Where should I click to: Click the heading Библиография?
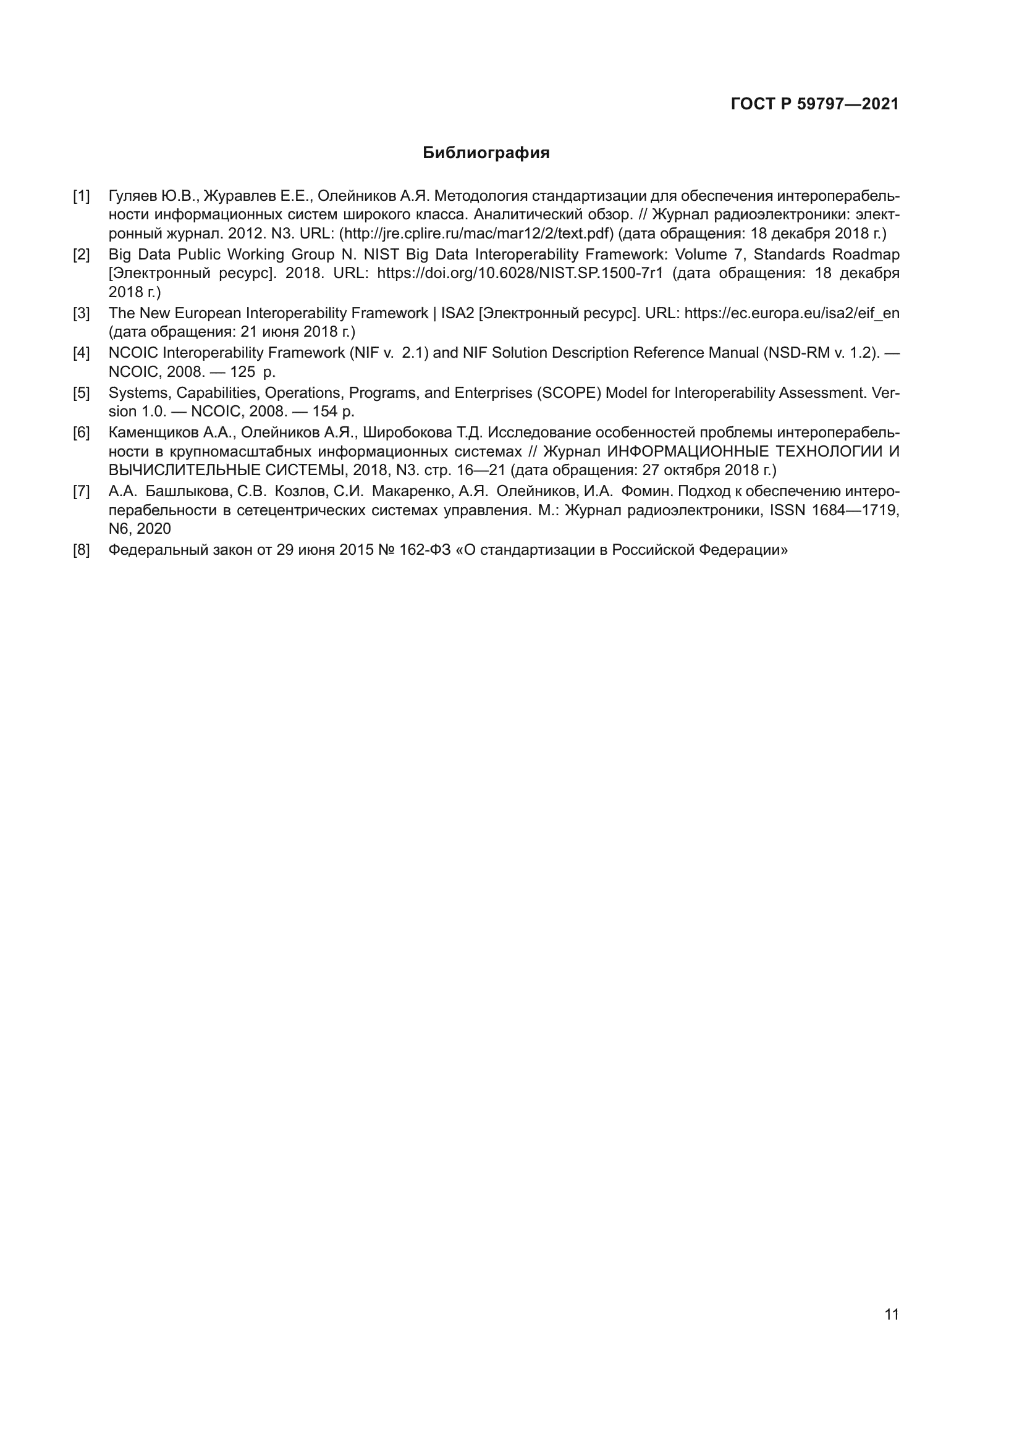point(486,153)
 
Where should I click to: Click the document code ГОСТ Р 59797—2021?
point(814,104)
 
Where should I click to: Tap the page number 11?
point(891,1315)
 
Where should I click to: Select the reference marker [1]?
point(81,196)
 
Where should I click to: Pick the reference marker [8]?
point(81,550)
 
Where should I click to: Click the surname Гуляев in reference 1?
point(133,196)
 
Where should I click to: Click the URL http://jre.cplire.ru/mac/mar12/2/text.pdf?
point(476,234)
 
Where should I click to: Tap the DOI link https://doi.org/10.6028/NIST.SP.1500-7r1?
point(520,274)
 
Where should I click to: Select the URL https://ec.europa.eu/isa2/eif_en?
point(792,313)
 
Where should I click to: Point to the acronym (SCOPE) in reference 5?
point(569,393)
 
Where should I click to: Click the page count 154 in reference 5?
point(325,411)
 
